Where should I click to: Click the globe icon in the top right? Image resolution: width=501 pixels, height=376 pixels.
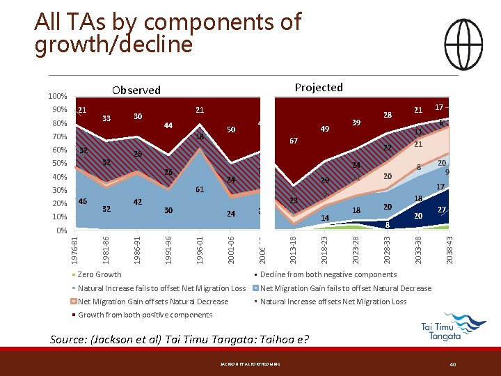click(x=463, y=38)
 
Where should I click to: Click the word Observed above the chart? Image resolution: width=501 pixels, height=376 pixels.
click(x=136, y=90)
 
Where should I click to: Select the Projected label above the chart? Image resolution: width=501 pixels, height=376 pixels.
click(x=318, y=87)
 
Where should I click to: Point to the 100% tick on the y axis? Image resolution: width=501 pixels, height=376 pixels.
click(x=58, y=96)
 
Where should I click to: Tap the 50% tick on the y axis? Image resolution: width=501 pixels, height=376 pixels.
click(x=59, y=163)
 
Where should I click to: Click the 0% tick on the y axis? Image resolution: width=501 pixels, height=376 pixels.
click(x=61, y=230)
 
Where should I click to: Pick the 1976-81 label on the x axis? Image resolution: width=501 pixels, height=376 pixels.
click(x=76, y=249)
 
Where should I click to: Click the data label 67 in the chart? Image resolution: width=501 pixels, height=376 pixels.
click(x=293, y=141)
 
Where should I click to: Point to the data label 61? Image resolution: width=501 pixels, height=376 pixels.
click(x=200, y=189)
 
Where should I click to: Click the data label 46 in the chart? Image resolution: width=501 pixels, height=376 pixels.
click(x=82, y=201)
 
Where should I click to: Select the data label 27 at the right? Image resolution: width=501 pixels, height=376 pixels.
click(x=442, y=210)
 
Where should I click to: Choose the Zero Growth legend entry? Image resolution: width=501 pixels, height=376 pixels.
click(x=100, y=274)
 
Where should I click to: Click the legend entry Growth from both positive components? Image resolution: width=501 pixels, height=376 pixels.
click(x=145, y=315)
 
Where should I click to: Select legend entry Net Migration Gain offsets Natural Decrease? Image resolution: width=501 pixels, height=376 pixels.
click(x=153, y=301)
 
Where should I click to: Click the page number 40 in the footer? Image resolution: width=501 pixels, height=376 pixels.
click(x=452, y=363)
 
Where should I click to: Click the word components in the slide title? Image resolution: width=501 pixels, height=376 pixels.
click(x=239, y=22)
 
